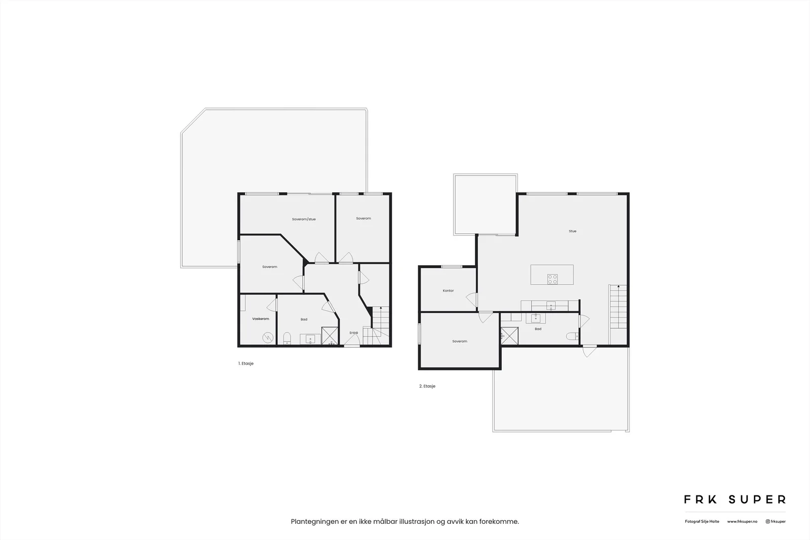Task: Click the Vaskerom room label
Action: point(260,319)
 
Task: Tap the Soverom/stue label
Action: point(304,219)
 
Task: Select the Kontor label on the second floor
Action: point(448,290)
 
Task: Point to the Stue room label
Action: point(573,231)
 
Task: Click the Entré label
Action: point(354,333)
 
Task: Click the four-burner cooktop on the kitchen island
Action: point(552,279)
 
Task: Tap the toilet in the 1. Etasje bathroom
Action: point(287,338)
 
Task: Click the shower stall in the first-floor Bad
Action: point(330,336)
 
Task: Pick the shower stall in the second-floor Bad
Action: point(509,336)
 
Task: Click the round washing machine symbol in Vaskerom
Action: point(268,338)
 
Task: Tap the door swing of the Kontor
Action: point(471,300)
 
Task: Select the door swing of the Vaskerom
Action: point(271,305)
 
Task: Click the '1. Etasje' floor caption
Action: point(246,363)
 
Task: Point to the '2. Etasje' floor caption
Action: point(427,386)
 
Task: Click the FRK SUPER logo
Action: point(735,500)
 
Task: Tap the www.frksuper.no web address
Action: point(742,522)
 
